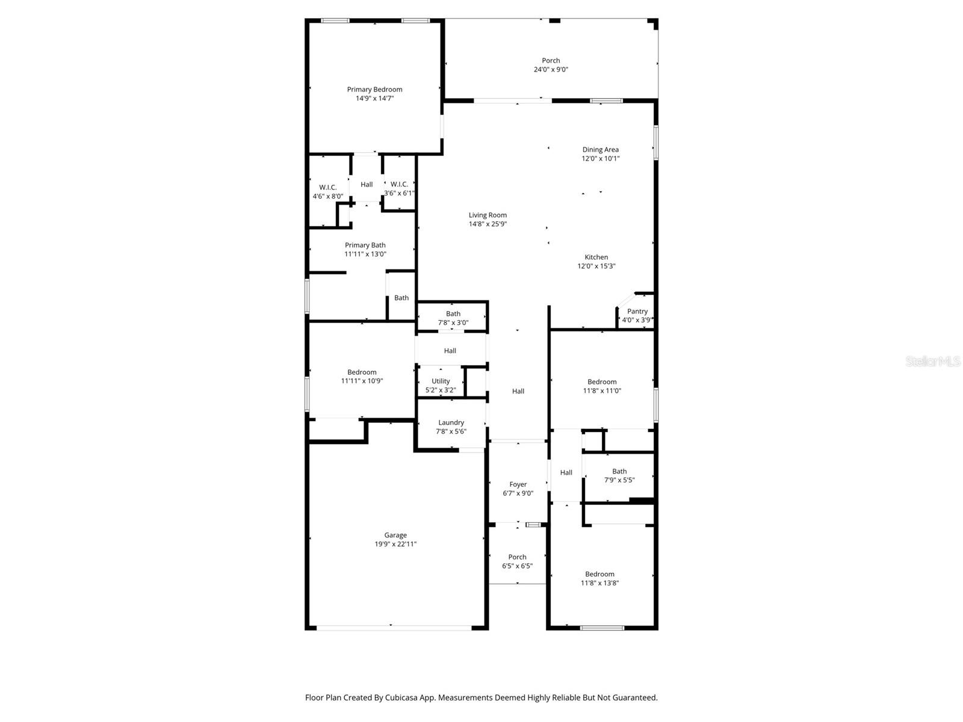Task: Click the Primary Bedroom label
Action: click(x=374, y=90)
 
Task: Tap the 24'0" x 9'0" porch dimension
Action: click(x=551, y=70)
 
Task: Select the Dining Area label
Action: click(x=600, y=150)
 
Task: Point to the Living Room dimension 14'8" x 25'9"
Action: click(x=488, y=224)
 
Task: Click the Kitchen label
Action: click(x=596, y=258)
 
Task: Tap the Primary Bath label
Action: click(x=365, y=245)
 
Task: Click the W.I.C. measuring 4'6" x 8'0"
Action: click(x=327, y=191)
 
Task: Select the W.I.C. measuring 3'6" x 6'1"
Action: click(x=399, y=188)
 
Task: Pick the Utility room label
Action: click(x=441, y=381)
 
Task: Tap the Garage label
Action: click(x=395, y=535)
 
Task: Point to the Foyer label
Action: click(x=518, y=484)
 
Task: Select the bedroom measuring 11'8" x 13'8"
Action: click(x=599, y=578)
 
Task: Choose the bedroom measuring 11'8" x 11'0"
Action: click(x=602, y=386)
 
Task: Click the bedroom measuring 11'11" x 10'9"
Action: click(x=362, y=377)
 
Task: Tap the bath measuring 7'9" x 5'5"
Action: click(x=619, y=476)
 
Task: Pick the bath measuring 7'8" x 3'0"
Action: click(x=453, y=318)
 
